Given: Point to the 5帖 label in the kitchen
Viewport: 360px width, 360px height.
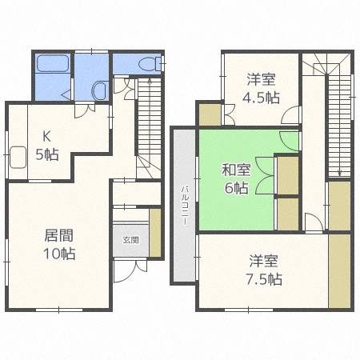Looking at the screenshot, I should coord(46,154).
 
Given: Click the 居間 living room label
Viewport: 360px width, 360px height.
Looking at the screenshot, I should coord(58,236).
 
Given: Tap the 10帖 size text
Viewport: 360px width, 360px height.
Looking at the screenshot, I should coord(58,254).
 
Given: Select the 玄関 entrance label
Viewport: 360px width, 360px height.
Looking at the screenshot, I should coord(130,239).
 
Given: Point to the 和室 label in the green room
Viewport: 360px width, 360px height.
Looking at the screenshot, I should coord(235,169).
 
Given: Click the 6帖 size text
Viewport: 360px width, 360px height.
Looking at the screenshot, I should coord(235,188).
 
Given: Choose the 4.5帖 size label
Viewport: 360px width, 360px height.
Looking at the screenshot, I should coord(261,98).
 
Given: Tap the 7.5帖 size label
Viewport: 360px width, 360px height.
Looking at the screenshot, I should coord(263,279).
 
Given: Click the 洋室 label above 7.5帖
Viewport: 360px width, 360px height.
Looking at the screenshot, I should coord(263,261).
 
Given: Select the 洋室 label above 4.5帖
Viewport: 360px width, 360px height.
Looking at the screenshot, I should coord(261,79).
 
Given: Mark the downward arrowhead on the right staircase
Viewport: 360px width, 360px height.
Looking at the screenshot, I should coord(339,172).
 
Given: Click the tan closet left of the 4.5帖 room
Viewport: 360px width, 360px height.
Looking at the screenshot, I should coord(210,114).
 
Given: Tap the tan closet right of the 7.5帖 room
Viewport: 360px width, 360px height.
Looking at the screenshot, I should coord(339,272).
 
